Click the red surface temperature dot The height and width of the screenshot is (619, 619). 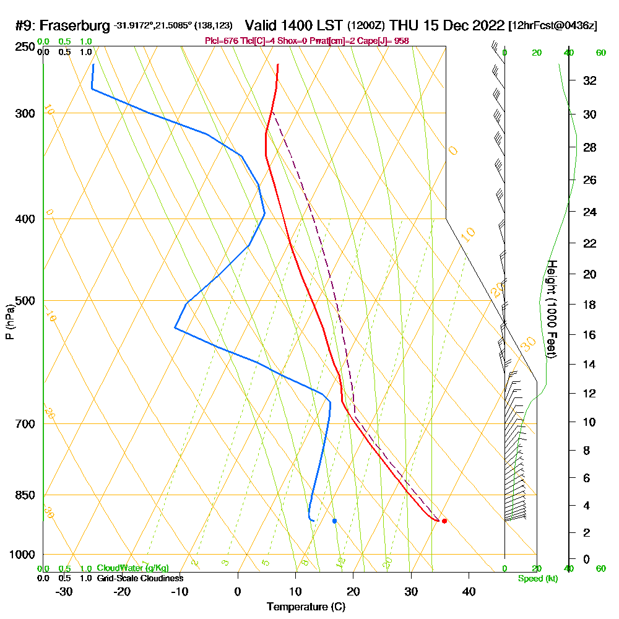click(444, 521)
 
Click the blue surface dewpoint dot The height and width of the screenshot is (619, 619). click(334, 521)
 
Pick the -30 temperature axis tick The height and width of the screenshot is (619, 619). click(64, 592)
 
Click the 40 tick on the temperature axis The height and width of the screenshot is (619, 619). click(469, 592)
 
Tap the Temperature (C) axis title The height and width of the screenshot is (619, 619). click(306, 607)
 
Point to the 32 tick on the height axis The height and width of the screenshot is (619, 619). click(590, 80)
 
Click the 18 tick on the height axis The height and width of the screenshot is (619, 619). click(590, 305)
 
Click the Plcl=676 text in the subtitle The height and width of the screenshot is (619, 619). click(218, 41)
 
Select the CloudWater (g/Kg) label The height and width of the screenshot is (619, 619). click(132, 568)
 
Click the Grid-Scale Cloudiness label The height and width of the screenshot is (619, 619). click(139, 578)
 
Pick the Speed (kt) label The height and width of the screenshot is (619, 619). click(538, 579)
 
